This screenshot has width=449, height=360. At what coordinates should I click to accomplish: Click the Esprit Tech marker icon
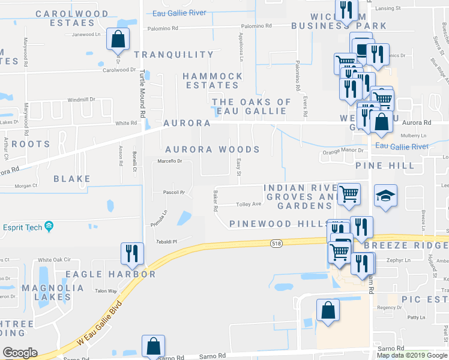49,226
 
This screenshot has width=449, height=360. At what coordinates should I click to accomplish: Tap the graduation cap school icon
385,196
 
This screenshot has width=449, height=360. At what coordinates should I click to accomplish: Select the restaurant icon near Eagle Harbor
132,254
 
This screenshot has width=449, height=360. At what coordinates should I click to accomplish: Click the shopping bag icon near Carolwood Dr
118,40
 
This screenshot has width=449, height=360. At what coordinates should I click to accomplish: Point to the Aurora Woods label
212,149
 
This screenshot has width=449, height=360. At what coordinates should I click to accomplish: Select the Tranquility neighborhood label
173,55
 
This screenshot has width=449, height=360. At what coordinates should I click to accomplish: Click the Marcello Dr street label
169,161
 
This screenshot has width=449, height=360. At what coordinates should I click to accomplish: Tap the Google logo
20,353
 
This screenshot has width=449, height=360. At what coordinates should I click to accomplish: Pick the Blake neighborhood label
72,179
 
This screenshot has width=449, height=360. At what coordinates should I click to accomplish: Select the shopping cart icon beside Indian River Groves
349,194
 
